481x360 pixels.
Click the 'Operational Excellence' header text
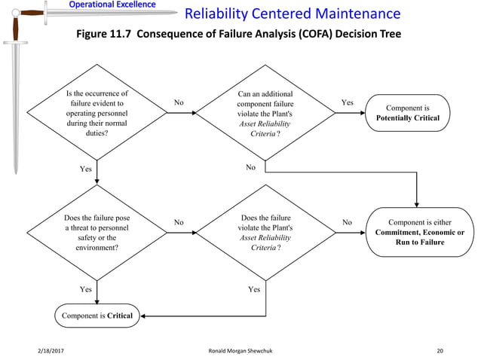[112, 5]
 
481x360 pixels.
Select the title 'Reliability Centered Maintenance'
[293, 14]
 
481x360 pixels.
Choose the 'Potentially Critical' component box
[412, 113]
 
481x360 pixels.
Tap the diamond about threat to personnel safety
[97, 233]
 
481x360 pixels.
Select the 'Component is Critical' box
[98, 316]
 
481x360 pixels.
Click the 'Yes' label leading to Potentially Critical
[347, 102]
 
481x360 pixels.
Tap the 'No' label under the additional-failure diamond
[251, 167]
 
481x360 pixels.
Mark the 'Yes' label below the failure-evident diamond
[86, 169]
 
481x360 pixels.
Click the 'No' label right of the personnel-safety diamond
[179, 222]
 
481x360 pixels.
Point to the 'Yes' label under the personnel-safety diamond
[86, 288]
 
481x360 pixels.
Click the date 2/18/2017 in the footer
[50, 351]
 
